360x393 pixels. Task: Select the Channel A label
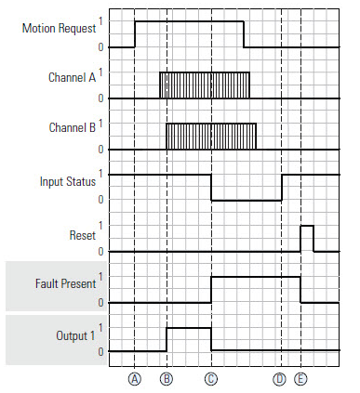70,79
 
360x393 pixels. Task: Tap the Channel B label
70,130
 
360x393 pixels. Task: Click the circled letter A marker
135,378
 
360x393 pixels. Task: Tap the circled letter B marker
167,378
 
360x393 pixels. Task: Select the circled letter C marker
211,378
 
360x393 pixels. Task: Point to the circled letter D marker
280,378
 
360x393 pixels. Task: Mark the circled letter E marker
300,378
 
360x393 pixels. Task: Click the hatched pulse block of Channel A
205,85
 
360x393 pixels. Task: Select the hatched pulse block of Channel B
211,136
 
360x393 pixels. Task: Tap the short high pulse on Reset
306,238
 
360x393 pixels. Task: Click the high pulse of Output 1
189,328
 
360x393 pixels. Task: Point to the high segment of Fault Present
256,277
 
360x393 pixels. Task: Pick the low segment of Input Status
247,199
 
